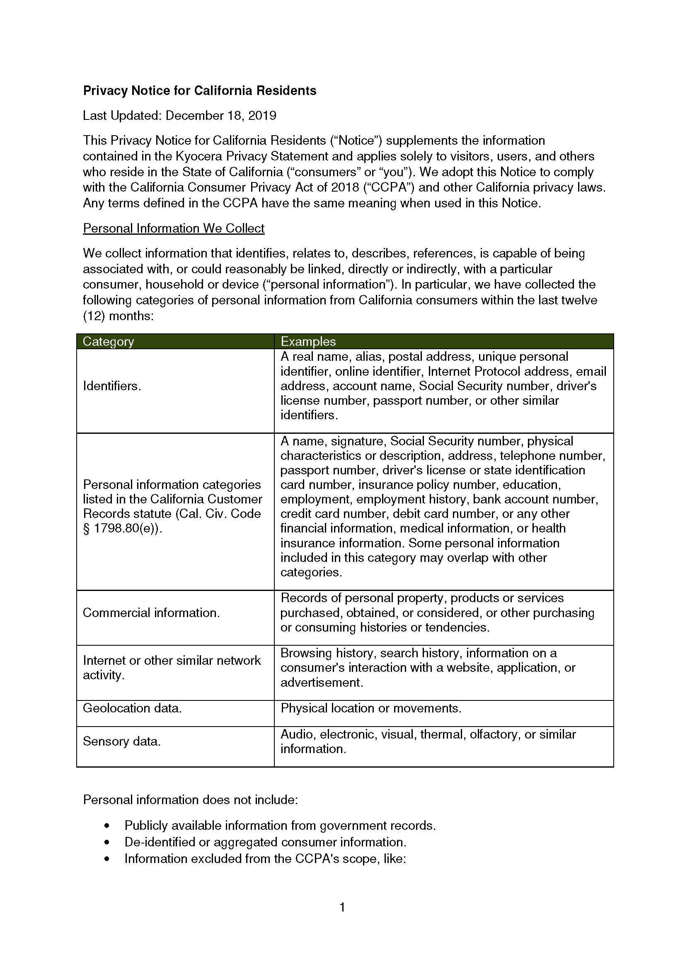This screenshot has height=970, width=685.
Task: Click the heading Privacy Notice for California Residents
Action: (199, 91)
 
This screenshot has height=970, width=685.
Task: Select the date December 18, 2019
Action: (221, 116)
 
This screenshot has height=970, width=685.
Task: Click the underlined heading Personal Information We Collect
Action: (174, 229)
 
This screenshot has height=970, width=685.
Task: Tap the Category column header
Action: (109, 341)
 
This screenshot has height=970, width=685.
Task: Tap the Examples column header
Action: (308, 341)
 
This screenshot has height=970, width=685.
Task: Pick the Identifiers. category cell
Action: (112, 386)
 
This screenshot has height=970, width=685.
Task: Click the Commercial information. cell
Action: (151, 613)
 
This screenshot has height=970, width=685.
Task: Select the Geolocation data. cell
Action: (132, 708)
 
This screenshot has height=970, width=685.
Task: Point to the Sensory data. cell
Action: (121, 741)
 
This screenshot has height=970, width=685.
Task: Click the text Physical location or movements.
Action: (370, 708)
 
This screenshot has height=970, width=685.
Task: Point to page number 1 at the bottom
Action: (342, 907)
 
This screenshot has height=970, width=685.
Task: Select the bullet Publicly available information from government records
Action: (280, 826)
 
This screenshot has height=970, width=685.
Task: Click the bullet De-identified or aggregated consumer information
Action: (265, 842)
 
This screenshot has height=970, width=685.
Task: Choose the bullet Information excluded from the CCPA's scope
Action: (265, 858)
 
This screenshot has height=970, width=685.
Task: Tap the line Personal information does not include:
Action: (190, 800)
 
